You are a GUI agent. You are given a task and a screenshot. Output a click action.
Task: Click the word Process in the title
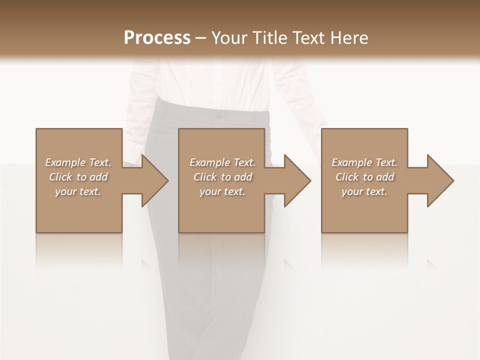tap(157, 38)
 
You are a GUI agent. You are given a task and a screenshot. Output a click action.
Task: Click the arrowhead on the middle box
tap(296, 180)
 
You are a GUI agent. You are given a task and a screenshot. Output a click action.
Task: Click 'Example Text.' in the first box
tap(78, 162)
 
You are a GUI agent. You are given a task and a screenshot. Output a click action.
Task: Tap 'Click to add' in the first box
tap(78, 177)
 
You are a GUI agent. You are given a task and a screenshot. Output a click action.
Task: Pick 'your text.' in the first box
tap(78, 191)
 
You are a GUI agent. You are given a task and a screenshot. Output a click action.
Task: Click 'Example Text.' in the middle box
tap(222, 162)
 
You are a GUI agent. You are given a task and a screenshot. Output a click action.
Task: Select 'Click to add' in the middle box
tap(222, 177)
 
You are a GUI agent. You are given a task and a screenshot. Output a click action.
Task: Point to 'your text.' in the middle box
tap(222, 191)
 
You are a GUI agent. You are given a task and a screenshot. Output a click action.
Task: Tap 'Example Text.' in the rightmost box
tap(364, 162)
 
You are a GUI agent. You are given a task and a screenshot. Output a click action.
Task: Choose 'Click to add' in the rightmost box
tap(364, 177)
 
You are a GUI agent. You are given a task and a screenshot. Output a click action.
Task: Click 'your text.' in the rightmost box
tap(364, 191)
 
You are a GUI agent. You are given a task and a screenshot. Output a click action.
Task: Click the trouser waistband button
tap(218, 116)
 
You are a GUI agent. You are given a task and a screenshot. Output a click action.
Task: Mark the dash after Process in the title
tap(200, 38)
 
